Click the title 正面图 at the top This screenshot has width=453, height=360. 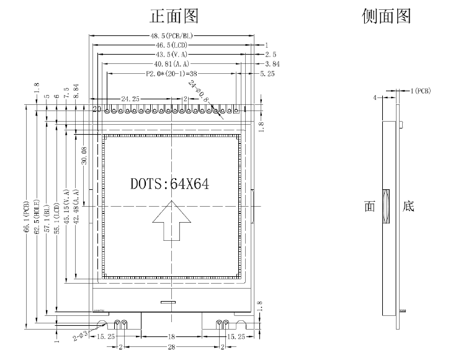(x=175, y=16)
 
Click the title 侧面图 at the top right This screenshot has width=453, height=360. (x=386, y=16)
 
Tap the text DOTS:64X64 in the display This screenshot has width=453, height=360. (x=169, y=184)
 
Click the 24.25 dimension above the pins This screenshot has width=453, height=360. (x=130, y=99)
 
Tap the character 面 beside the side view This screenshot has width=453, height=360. (x=370, y=206)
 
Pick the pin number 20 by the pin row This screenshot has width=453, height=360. (x=97, y=109)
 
